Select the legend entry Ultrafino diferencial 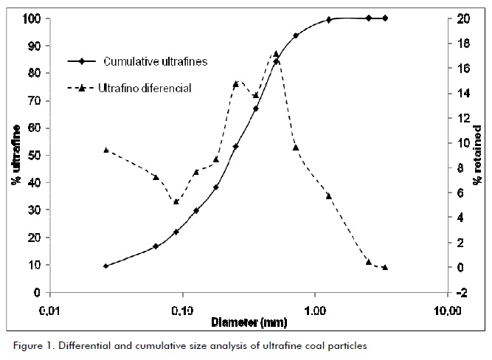pos(145,89)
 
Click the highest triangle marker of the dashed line pos(276,54)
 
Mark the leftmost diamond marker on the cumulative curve pos(106,266)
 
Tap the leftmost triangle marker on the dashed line pos(106,150)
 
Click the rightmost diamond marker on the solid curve pos(385,18)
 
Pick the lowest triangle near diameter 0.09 pos(176,201)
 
